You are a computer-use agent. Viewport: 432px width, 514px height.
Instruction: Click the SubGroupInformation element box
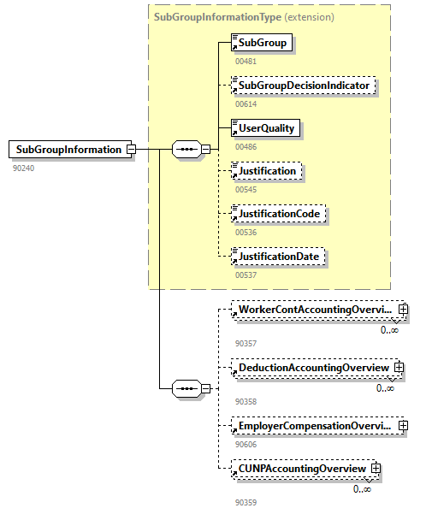pyautogui.click(x=68, y=150)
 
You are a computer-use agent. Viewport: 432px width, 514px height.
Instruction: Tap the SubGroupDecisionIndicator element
pyautogui.click(x=304, y=86)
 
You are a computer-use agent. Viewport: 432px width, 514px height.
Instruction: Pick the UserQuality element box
pyautogui.click(x=266, y=128)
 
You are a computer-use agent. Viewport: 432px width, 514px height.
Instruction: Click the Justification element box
pyautogui.click(x=267, y=171)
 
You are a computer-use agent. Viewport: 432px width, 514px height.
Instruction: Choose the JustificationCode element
pyautogui.click(x=281, y=213)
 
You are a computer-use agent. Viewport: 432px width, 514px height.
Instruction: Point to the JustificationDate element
pyautogui.click(x=281, y=256)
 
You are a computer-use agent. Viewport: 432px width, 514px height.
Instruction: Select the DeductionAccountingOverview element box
pyautogui.click(x=312, y=368)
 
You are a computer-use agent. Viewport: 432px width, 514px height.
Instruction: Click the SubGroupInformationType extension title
pyautogui.click(x=244, y=16)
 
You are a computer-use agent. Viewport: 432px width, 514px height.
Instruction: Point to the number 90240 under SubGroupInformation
pyautogui.click(x=24, y=168)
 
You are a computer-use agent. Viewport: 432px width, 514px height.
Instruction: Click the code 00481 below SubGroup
pyautogui.click(x=246, y=62)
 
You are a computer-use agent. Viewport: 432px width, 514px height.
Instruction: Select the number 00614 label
pyautogui.click(x=246, y=103)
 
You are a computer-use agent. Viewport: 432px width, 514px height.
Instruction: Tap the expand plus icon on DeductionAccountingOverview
pyautogui.click(x=398, y=368)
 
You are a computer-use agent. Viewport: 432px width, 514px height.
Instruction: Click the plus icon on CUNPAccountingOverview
pyautogui.click(x=375, y=469)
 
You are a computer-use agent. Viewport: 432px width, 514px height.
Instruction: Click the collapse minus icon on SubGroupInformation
pyautogui.click(x=131, y=150)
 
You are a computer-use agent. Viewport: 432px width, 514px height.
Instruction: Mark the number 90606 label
pyautogui.click(x=246, y=444)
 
